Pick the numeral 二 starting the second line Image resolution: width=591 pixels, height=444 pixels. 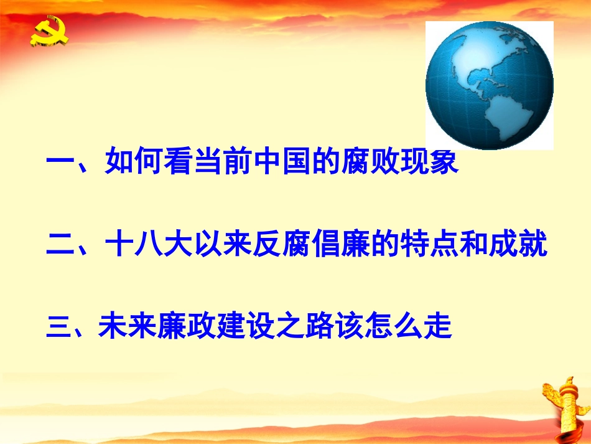click(60, 245)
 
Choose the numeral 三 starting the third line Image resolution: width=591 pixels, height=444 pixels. click(58, 328)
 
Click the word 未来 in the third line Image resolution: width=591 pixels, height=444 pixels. click(126, 328)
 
